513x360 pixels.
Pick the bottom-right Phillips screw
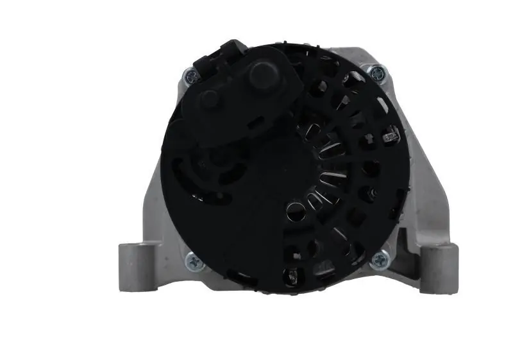click(380, 260)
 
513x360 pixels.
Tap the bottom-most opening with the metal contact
click(292, 276)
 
